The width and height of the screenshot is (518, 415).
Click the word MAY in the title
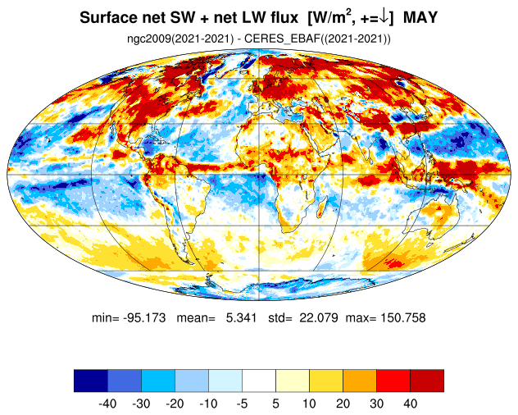[420, 17]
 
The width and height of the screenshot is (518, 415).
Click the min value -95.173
[144, 317]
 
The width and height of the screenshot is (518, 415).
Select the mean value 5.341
[241, 317]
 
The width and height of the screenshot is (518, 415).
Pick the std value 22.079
[319, 317]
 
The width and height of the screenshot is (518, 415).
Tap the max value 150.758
[403, 317]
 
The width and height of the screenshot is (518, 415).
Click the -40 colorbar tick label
[107, 404]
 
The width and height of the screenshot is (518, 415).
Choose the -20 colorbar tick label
[175, 404]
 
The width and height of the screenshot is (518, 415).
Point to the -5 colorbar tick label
[242, 404]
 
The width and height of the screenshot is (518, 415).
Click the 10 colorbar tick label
[309, 404]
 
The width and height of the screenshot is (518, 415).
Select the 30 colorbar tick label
[376, 404]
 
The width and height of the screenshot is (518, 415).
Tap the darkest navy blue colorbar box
[91, 381]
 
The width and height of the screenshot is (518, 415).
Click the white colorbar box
[259, 381]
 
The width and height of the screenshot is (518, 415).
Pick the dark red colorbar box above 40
[427, 381]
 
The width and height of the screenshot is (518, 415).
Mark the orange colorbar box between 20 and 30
[360, 381]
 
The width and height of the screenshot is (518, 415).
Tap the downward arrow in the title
[384, 17]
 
